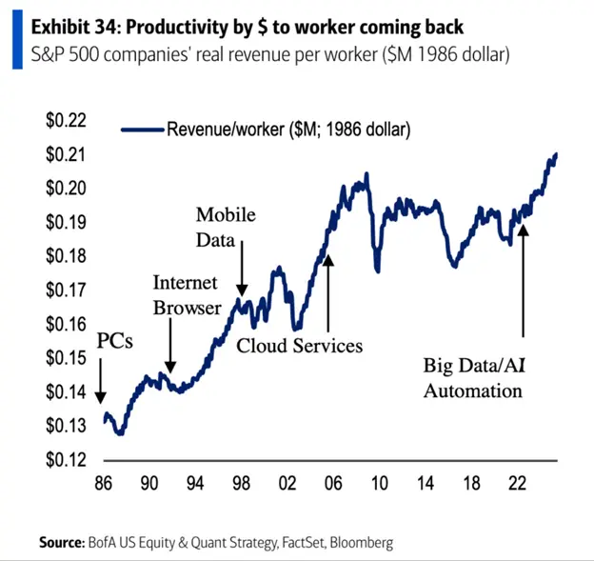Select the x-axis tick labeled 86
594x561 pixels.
[x=103, y=483]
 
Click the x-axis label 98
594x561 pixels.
[x=241, y=483]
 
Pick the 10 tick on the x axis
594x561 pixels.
[x=379, y=483]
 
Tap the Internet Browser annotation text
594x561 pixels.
[x=188, y=294]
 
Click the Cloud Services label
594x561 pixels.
[x=300, y=345]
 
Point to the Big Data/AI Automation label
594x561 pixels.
[x=472, y=377]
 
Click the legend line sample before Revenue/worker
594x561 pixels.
[x=142, y=129]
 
